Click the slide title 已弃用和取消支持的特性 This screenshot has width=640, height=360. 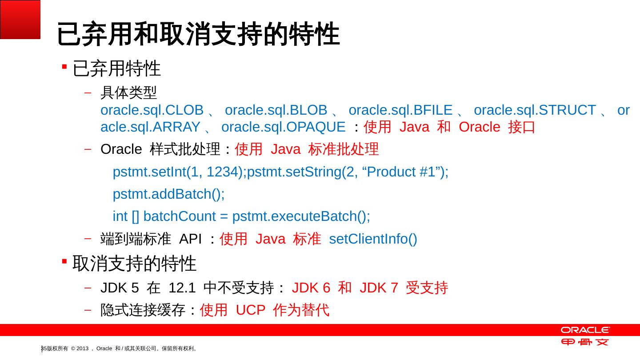[198, 35]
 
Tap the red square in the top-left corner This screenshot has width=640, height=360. [20, 20]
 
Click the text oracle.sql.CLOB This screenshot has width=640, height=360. [152, 110]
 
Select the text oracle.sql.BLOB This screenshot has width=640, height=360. [276, 110]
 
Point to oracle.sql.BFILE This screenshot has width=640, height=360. [400, 110]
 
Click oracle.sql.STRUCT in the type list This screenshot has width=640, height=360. [535, 110]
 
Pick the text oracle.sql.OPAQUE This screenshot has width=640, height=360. [283, 127]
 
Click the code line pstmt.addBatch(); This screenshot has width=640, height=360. [169, 194]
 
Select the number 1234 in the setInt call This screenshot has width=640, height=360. [221, 172]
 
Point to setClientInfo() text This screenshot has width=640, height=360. [373, 239]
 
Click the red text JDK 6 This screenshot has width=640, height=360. [311, 288]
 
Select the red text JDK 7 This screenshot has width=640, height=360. [379, 288]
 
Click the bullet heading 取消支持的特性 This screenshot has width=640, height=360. [134, 264]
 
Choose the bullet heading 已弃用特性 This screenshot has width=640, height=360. [116, 68]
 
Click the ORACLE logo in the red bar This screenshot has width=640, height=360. [585, 330]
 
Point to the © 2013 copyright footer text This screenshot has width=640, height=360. [80, 348]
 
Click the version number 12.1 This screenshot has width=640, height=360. [182, 288]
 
